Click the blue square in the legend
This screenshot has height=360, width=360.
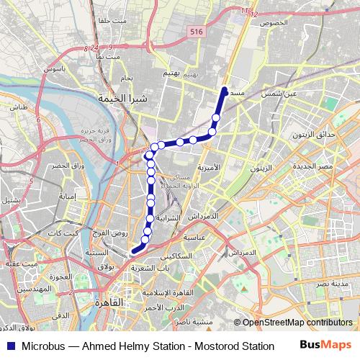[8, 346]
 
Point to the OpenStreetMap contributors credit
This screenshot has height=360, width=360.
[297, 323]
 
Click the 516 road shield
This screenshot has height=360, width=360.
[196, 32]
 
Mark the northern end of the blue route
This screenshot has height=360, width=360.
[225, 90]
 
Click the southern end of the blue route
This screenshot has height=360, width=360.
[133, 251]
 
